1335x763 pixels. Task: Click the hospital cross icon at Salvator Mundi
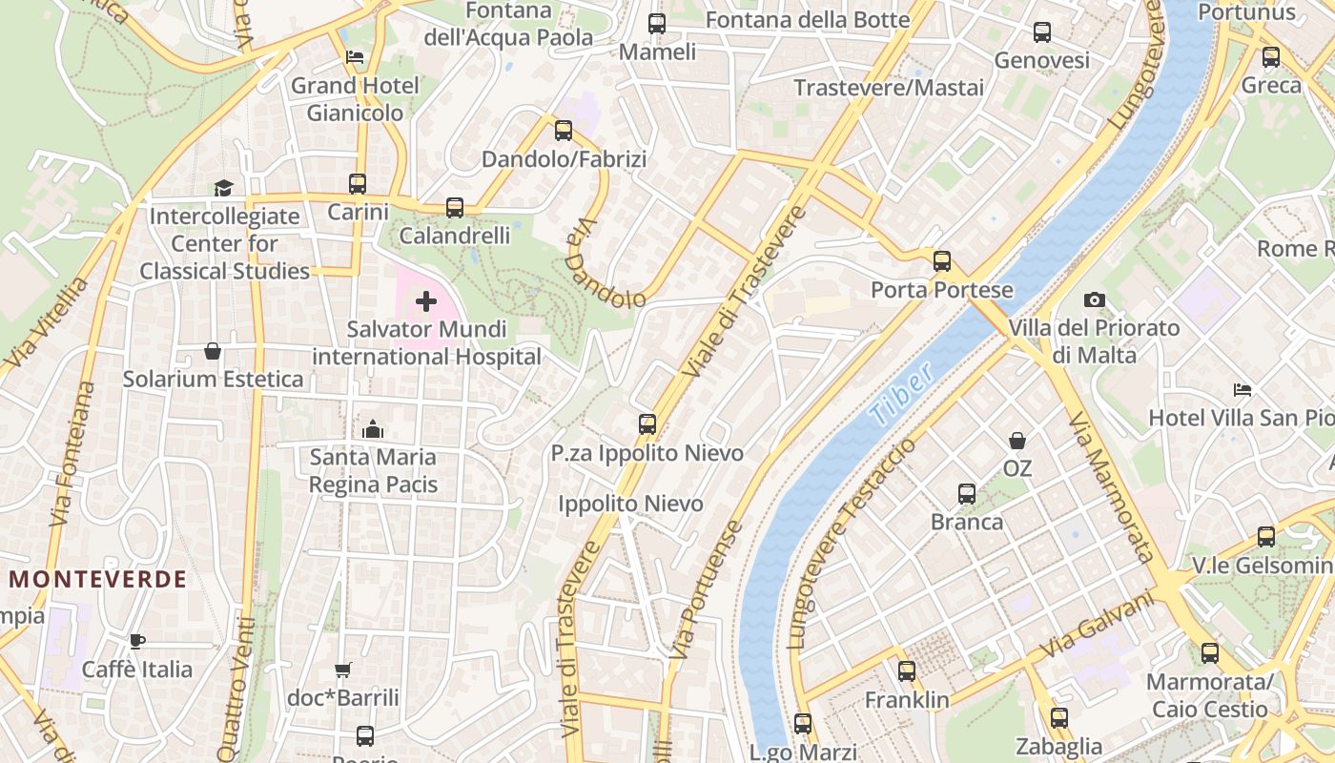(x=426, y=302)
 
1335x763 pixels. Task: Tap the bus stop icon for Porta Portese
(x=942, y=261)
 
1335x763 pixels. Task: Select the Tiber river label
(x=901, y=397)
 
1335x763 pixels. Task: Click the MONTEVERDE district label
(x=98, y=579)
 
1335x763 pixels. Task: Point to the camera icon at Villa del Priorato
(x=1095, y=300)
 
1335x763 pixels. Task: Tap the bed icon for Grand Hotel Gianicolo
(x=355, y=58)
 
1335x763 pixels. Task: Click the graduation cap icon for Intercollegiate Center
(x=223, y=189)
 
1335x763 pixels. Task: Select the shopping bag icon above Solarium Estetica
(x=213, y=352)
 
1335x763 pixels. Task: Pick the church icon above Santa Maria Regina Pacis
(x=373, y=429)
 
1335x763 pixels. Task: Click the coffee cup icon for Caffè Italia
(x=137, y=641)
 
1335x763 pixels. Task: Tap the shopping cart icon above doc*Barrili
(x=343, y=670)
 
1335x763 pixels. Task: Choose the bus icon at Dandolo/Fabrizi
(x=564, y=131)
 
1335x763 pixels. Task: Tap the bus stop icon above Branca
(x=967, y=494)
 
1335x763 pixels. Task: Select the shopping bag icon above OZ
(x=1017, y=441)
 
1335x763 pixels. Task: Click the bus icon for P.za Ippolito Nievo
(x=647, y=424)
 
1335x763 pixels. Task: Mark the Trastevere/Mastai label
(x=889, y=88)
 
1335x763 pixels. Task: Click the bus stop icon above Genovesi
(x=1042, y=32)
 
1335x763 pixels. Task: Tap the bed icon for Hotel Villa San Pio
(x=1242, y=390)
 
